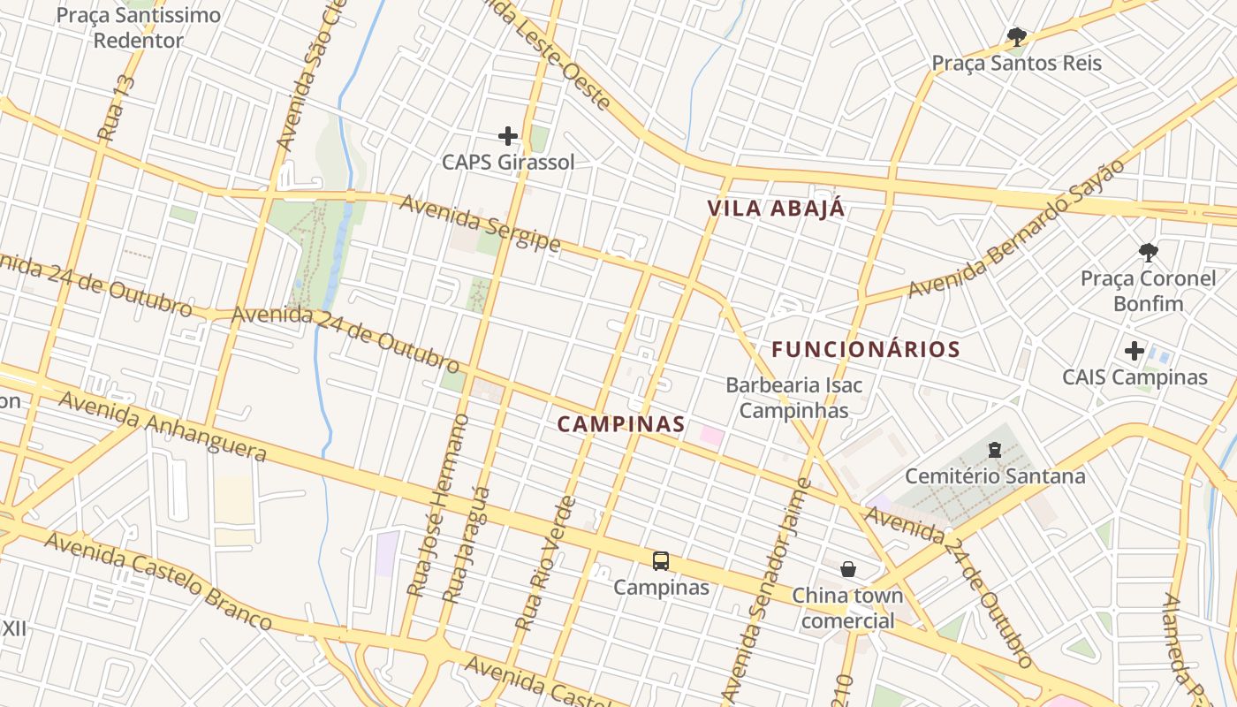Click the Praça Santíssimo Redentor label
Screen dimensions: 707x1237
pyautogui.click(x=139, y=27)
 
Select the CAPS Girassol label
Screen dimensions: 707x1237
pyautogui.click(x=508, y=162)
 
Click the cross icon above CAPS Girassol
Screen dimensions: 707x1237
pyautogui.click(x=507, y=135)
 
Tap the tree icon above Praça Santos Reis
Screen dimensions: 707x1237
pyautogui.click(x=1017, y=37)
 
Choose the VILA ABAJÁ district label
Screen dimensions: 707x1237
pyautogui.click(x=776, y=209)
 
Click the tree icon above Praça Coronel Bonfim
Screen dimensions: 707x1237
pyautogui.click(x=1148, y=253)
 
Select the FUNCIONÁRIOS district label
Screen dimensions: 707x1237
pyautogui.click(x=865, y=349)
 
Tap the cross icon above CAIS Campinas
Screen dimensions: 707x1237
pyautogui.click(x=1135, y=351)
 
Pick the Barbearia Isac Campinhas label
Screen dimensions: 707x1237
pyautogui.click(x=793, y=398)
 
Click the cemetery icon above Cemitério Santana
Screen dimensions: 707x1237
pyautogui.click(x=995, y=451)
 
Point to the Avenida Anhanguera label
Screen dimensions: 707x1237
pyautogui.click(x=163, y=426)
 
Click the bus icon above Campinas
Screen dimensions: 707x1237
pyautogui.click(x=661, y=561)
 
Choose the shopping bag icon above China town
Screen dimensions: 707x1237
pyautogui.click(x=848, y=568)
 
